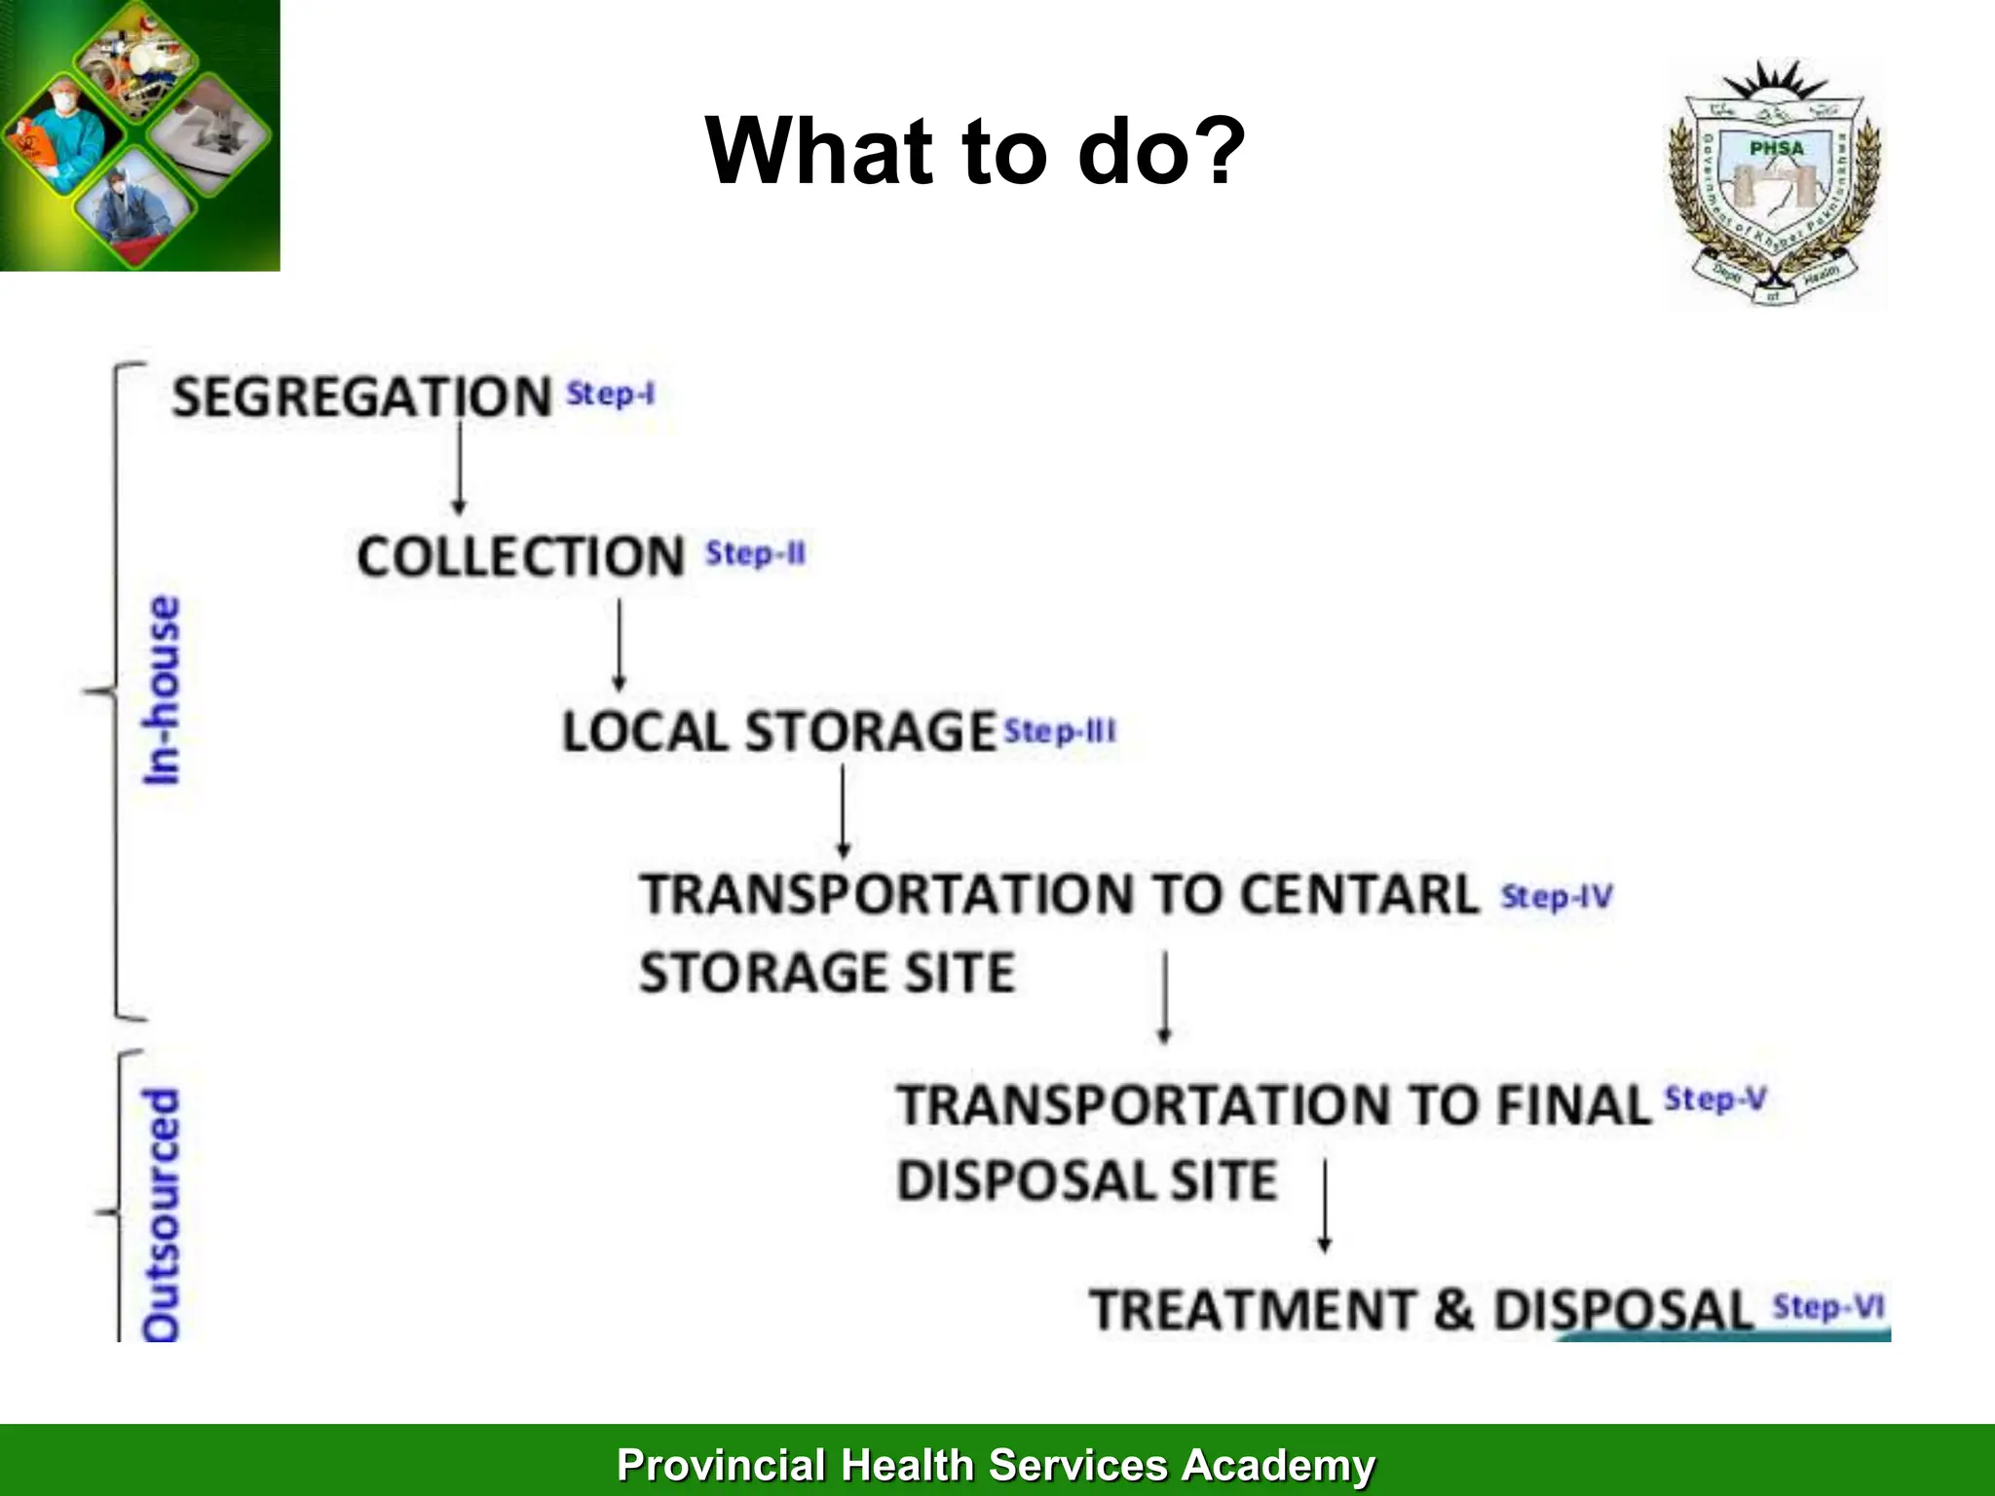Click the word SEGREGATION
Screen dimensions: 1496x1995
coord(361,397)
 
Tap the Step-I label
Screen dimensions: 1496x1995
coord(611,394)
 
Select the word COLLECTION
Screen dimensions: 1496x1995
coord(520,557)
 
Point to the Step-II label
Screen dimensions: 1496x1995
coord(756,553)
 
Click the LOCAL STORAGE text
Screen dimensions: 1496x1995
coord(778,731)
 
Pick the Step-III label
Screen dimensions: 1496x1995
coord(1060,730)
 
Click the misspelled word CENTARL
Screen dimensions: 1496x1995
coord(1360,894)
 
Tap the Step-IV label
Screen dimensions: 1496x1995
coord(1557,896)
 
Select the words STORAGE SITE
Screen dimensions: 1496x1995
coord(827,972)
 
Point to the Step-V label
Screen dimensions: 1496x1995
coord(1715,1100)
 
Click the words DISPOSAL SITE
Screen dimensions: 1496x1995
coord(1086,1180)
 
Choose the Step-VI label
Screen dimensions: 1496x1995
coord(1828,1306)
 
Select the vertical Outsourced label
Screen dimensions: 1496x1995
coord(162,1215)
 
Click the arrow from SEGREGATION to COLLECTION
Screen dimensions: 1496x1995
coord(459,467)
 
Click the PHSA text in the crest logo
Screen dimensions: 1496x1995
coord(1776,148)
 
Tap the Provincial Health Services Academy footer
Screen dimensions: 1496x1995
coord(996,1465)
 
